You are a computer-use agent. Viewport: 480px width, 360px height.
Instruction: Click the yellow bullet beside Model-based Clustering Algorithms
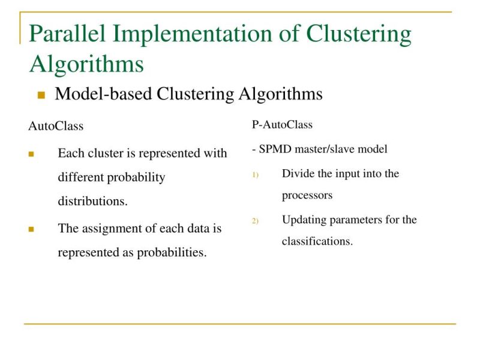tap(41, 95)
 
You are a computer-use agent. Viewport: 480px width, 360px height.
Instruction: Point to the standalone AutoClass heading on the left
tap(56, 127)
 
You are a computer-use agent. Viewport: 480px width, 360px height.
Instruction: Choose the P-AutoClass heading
tap(282, 125)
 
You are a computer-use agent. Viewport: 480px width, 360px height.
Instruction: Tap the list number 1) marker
tap(255, 175)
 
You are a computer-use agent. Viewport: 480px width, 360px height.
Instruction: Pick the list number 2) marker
tap(255, 221)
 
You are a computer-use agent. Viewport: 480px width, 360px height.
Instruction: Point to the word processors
tap(307, 196)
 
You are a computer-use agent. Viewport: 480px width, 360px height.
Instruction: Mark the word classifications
tap(317, 241)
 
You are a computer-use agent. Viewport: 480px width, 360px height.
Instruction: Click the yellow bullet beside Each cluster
tap(31, 154)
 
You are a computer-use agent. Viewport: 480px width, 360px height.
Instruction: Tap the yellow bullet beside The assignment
tap(31, 229)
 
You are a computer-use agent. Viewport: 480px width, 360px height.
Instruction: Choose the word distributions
tap(92, 202)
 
